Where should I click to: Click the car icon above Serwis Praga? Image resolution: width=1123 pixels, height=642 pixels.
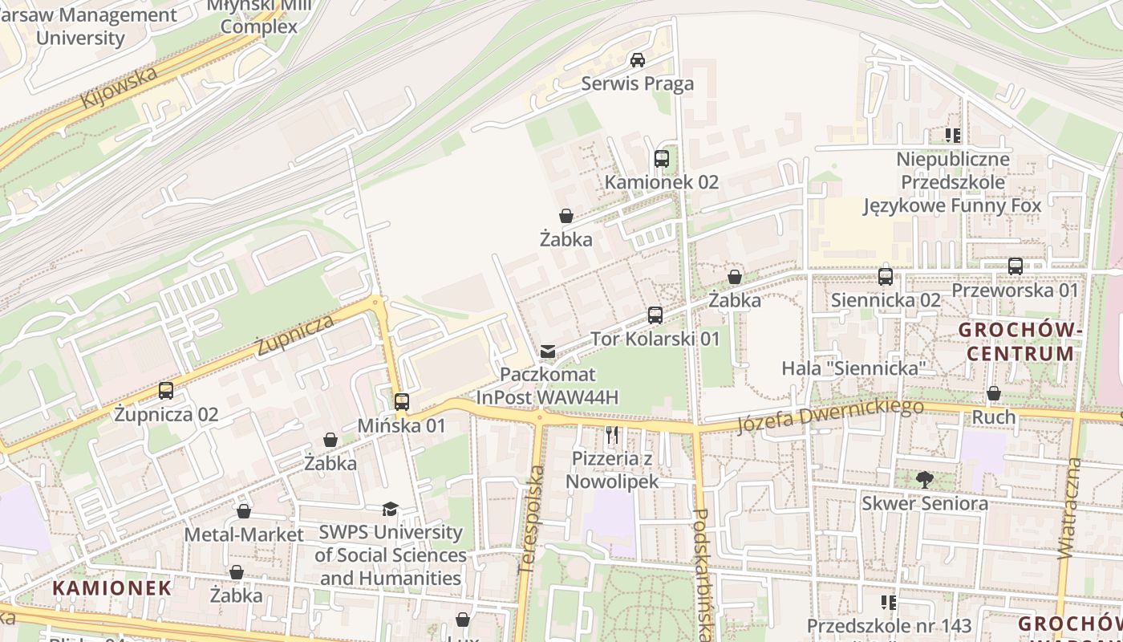[x=638, y=60]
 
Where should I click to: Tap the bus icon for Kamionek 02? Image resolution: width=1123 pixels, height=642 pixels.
[x=662, y=159]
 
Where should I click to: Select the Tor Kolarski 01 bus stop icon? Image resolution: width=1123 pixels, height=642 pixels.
[x=655, y=315]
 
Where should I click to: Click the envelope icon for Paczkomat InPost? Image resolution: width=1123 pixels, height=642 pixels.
[x=548, y=351]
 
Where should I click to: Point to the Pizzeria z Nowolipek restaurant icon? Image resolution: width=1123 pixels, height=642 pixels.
[x=612, y=436]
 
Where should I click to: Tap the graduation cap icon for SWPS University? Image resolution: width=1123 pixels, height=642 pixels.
[x=391, y=509]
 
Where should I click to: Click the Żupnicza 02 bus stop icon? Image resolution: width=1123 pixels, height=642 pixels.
[x=166, y=391]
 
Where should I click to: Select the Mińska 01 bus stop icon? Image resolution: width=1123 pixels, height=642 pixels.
[x=402, y=402]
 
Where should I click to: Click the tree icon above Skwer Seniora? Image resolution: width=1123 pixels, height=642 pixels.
[x=924, y=480]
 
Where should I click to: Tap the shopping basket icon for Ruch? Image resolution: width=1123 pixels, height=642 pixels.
[x=994, y=394]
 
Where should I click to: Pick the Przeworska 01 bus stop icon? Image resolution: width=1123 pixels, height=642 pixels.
[x=1016, y=266]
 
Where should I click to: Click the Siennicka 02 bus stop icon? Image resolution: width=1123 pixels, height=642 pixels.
[x=886, y=277]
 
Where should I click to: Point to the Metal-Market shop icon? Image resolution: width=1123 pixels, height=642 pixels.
[x=244, y=511]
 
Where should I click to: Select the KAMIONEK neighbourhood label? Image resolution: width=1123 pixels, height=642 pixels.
[x=112, y=587]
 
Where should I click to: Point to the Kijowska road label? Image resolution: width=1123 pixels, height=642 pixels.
[x=120, y=89]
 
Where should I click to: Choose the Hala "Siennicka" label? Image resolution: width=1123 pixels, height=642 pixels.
[x=854, y=368]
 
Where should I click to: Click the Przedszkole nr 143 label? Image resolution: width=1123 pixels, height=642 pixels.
[x=889, y=626]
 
